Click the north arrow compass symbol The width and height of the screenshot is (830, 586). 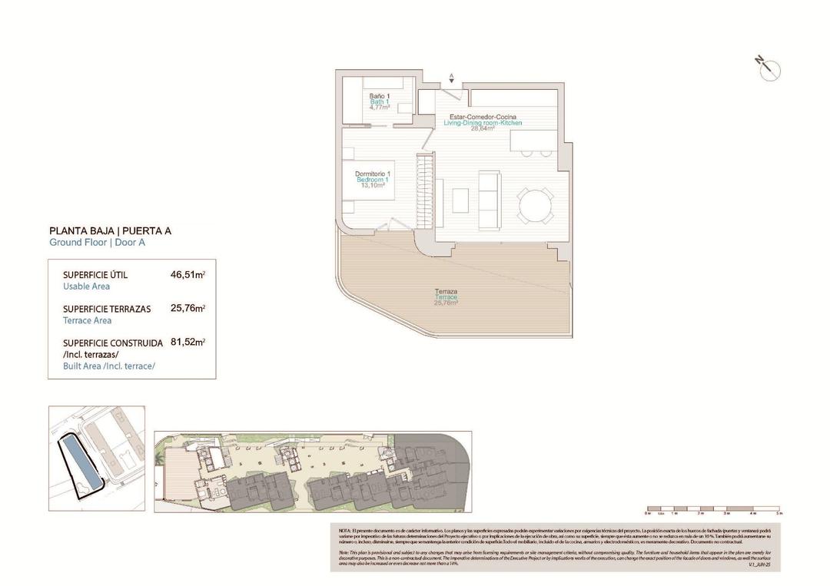[769, 68]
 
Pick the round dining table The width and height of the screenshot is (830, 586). [533, 205]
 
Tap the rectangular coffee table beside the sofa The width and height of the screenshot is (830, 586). [460, 200]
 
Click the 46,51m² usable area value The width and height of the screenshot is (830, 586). [188, 274]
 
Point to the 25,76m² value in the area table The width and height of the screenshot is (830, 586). [188, 309]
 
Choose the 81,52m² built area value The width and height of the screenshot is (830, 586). [188, 343]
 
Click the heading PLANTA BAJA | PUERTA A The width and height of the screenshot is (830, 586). [110, 230]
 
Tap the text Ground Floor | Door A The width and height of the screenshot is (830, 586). [97, 243]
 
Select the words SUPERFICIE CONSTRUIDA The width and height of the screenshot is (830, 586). [112, 343]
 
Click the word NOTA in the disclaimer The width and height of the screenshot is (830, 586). [344, 531]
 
